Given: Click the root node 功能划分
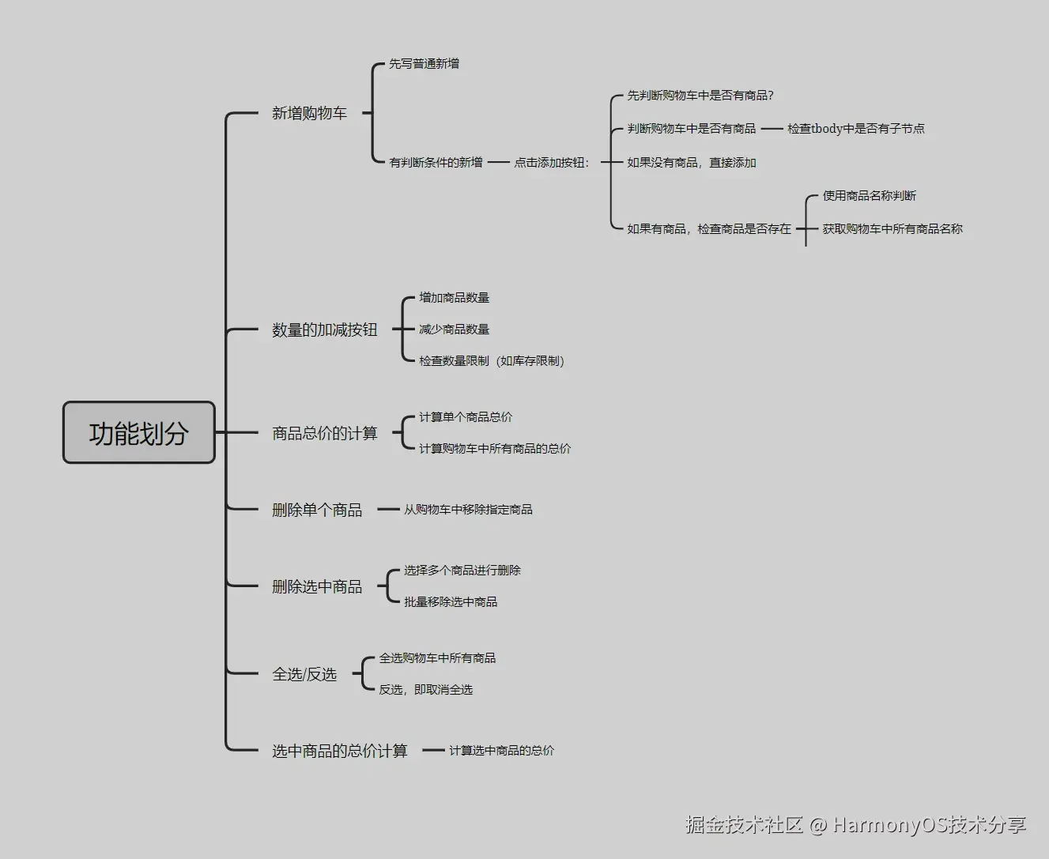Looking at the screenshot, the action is pyautogui.click(x=138, y=432).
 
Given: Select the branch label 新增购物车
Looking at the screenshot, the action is pyautogui.click(x=309, y=114).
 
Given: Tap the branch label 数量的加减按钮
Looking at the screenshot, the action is pyautogui.click(x=324, y=330).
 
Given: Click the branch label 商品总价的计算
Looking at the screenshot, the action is pyautogui.click(x=324, y=433).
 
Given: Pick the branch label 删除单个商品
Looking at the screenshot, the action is pyautogui.click(x=316, y=510).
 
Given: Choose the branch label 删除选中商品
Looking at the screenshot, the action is pyautogui.click(x=316, y=586).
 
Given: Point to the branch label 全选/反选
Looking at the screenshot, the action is pyautogui.click(x=304, y=674).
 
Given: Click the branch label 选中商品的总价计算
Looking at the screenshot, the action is pyautogui.click(x=339, y=751).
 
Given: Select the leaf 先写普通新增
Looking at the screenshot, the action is pyautogui.click(x=424, y=64).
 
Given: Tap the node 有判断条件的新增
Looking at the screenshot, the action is pyautogui.click(x=436, y=162).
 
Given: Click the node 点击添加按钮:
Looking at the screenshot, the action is pyautogui.click(x=552, y=162).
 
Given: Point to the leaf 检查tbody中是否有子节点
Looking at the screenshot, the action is pyautogui.click(x=855, y=128).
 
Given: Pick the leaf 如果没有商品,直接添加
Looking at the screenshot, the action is pyautogui.click(x=692, y=162).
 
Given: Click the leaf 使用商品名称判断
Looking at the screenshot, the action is pyautogui.click(x=869, y=195).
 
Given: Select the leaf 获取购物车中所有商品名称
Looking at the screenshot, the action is pyautogui.click(x=892, y=228).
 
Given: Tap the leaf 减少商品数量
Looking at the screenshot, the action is pyautogui.click(x=454, y=329).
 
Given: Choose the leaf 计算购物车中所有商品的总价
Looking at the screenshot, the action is pyautogui.click(x=494, y=448).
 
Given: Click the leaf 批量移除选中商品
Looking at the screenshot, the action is pyautogui.click(x=451, y=601).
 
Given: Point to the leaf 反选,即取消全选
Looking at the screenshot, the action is pyautogui.click(x=425, y=689).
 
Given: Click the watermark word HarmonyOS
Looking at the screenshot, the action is pyautogui.click(x=890, y=825).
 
